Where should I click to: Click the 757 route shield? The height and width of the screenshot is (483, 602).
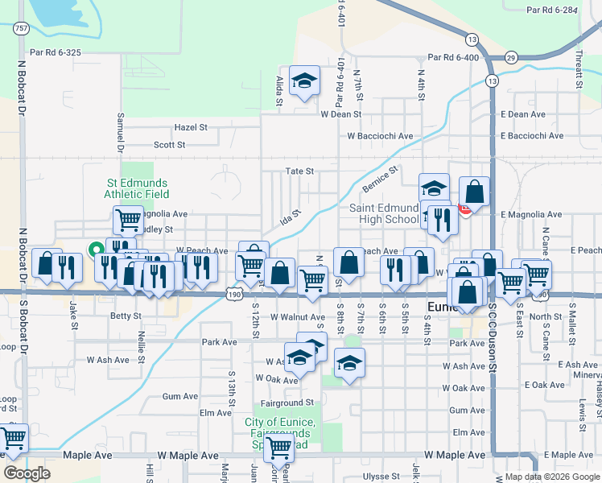click(x=22, y=29)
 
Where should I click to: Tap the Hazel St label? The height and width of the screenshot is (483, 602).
click(x=191, y=128)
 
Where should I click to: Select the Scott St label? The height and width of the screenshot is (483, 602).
click(x=170, y=145)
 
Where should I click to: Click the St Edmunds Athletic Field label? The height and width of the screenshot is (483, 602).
click(x=137, y=188)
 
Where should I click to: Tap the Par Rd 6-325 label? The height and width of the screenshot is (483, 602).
click(x=56, y=52)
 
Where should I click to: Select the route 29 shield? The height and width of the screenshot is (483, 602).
click(x=511, y=57)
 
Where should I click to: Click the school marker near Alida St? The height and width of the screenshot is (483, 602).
click(x=304, y=80)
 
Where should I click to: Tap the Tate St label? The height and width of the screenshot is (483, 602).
click(x=299, y=171)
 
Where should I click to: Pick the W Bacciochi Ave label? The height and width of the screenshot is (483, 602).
click(x=380, y=136)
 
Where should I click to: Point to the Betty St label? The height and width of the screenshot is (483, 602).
click(x=126, y=316)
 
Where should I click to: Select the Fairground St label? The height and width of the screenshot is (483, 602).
click(x=287, y=402)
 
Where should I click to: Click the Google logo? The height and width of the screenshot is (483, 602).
click(x=27, y=473)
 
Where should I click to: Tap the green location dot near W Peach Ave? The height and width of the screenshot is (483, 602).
click(x=94, y=250)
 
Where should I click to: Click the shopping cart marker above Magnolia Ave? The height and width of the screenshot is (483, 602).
click(x=128, y=217)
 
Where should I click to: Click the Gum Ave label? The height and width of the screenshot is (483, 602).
click(x=179, y=397)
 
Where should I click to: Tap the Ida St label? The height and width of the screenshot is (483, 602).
click(x=290, y=217)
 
